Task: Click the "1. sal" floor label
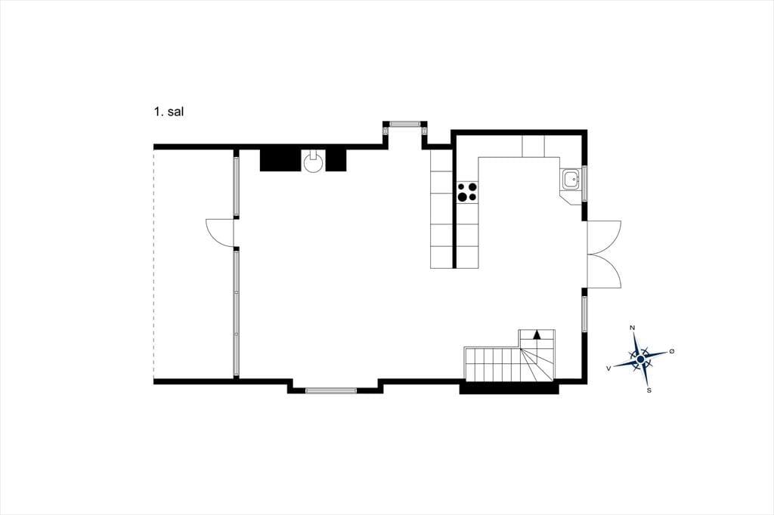tap(169, 112)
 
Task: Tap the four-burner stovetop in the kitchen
tap(467, 192)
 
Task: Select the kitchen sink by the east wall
tap(571, 179)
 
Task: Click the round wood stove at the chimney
tap(313, 162)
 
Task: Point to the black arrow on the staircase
tap(537, 335)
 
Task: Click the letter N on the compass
tap(633, 328)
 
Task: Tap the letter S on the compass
tap(649, 390)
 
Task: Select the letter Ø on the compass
tap(671, 351)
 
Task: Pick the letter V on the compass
tap(609, 368)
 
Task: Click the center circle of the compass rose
tap(640, 359)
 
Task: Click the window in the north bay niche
tap(404, 123)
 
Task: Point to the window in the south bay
tap(331, 390)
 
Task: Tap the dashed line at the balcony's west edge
tap(154, 264)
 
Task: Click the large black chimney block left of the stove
tap(280, 160)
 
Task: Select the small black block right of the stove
tap(336, 160)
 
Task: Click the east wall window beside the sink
tap(584, 183)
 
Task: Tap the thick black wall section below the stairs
tap(509, 389)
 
